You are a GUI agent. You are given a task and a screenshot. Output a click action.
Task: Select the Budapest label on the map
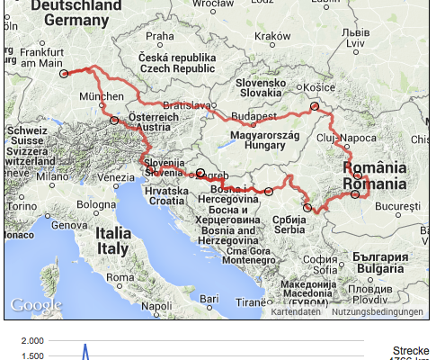pyautogui.click(x=253, y=117)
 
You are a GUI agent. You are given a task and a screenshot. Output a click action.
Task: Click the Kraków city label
pyautogui.click(x=269, y=37)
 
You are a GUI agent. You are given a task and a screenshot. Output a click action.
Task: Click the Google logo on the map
pyautogui.click(x=36, y=305)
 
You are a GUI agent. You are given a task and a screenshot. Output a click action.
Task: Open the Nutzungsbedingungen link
pyautogui.click(x=377, y=312)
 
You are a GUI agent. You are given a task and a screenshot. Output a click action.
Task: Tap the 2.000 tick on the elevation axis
pyautogui.click(x=31, y=341)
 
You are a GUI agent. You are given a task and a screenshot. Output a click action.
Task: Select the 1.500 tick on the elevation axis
pyautogui.click(x=31, y=355)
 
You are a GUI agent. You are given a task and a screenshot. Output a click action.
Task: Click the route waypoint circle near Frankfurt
pyautogui.click(x=64, y=75)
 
